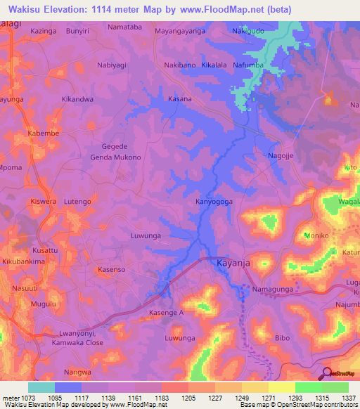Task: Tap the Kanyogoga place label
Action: pos(214,202)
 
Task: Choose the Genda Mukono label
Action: pos(115,157)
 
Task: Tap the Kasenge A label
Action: pos(166,312)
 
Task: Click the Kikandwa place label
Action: pos(77,99)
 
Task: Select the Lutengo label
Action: pos(77,202)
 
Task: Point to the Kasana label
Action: pos(179,99)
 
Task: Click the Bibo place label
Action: pos(282,338)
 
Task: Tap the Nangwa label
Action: pos(77,372)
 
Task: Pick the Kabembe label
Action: pos(43,133)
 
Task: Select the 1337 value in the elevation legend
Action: pos(348,397)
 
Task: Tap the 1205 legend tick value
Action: pos(188,397)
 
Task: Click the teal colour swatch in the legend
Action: pos(41,387)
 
